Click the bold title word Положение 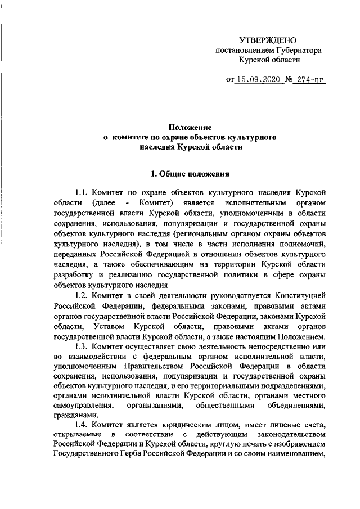tap(191, 128)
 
